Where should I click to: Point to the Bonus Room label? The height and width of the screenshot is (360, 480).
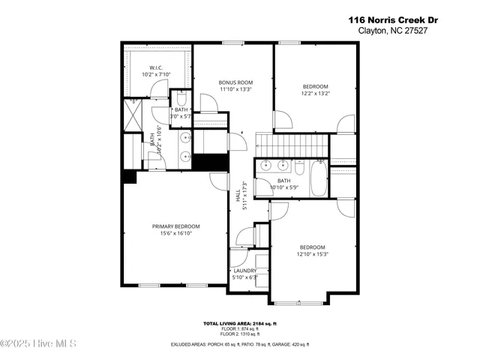coord(235,82)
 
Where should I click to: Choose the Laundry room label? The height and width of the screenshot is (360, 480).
coord(245,270)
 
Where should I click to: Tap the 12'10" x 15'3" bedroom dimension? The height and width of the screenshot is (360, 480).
coord(313,254)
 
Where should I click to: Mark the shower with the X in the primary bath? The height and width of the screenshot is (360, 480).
coord(132,116)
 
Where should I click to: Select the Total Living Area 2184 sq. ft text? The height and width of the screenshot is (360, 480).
coord(240,323)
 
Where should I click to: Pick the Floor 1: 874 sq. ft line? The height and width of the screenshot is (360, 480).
coord(240,328)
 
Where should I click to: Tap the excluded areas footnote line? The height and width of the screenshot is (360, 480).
coord(240,344)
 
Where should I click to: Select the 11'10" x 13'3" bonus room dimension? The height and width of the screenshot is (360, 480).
coord(235,89)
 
